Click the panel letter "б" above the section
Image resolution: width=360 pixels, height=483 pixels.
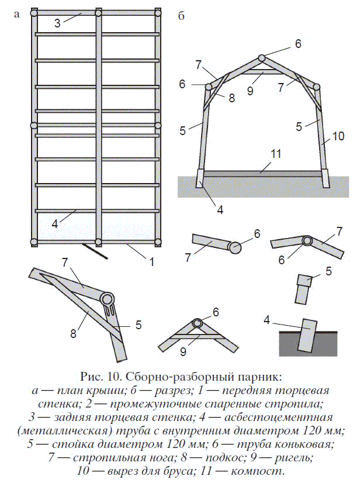coord(181,16)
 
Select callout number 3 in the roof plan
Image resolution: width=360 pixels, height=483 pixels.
coord(58,24)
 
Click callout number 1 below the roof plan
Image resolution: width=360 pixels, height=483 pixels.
coord(151,261)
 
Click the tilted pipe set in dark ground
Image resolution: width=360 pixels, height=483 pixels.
coord(307,333)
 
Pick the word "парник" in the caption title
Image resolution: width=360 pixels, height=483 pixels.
coord(247,375)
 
